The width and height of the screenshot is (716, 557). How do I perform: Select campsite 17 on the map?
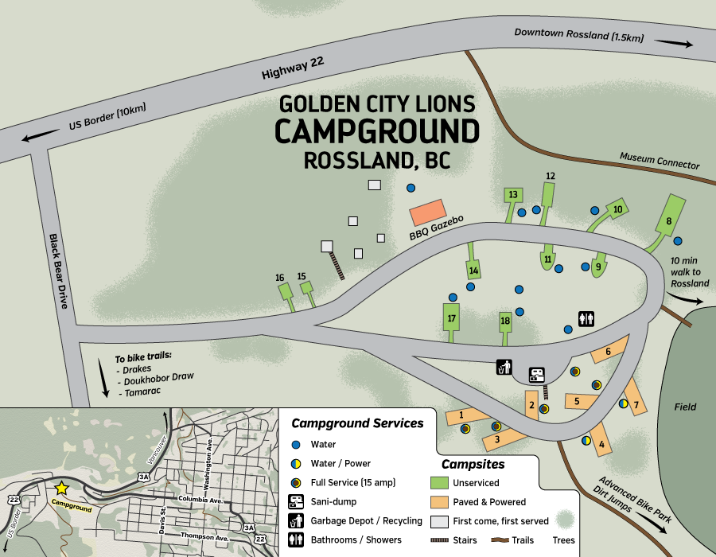[451, 318]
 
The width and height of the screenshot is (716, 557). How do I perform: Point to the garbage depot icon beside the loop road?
[504, 367]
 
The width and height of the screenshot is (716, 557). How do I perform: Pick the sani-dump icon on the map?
[538, 373]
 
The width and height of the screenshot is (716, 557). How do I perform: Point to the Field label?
[685, 407]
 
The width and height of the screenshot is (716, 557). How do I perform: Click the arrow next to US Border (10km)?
[36, 138]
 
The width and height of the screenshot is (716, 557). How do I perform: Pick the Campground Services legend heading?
[357, 423]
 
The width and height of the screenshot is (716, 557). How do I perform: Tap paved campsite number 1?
[463, 415]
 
